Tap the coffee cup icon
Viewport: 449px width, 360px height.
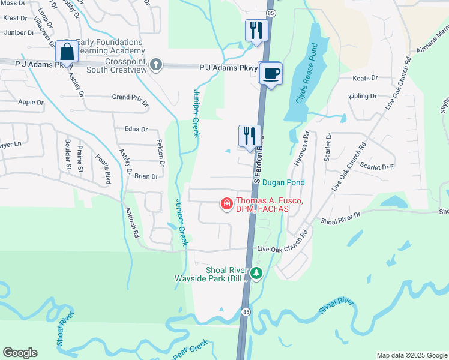point(271,73)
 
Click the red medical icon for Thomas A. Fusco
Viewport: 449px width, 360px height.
point(227,204)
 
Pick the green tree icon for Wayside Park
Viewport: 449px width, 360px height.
point(257,274)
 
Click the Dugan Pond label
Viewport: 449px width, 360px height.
point(283,182)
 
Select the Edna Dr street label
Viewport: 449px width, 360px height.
point(136,129)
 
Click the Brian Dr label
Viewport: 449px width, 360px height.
point(146,176)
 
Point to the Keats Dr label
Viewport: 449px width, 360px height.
point(365,78)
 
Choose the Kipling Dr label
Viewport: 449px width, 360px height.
point(363,96)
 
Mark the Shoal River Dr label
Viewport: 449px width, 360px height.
point(340,217)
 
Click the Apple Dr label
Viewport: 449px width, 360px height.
point(31,103)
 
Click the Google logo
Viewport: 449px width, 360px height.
point(20,353)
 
